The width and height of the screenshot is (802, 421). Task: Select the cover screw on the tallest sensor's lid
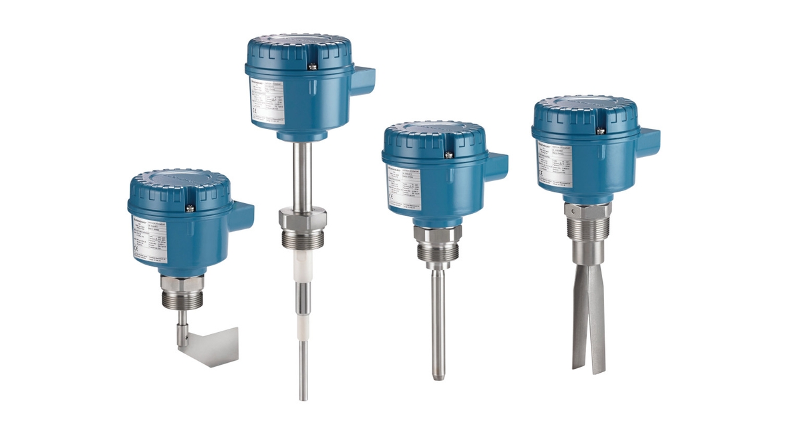pos(312,65)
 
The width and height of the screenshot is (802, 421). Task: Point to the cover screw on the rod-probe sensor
pos(448,154)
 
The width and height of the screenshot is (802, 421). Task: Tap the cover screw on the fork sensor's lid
pos(600,130)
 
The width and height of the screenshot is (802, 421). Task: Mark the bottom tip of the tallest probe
pos(303,398)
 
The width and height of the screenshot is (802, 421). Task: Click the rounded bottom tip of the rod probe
pos(438,377)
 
